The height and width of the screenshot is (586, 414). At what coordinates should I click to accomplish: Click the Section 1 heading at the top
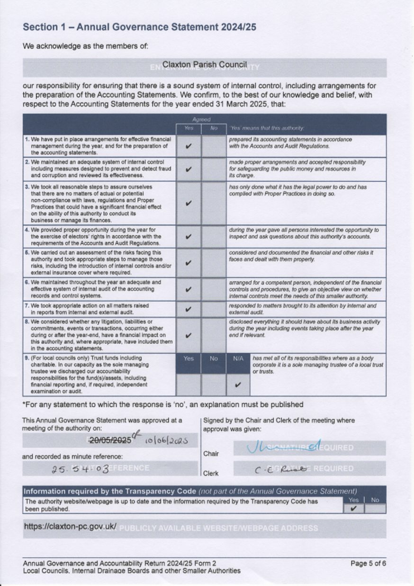(139, 27)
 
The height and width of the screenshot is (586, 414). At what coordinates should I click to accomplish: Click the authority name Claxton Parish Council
(204, 64)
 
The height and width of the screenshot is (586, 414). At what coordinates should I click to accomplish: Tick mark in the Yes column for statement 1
(189, 146)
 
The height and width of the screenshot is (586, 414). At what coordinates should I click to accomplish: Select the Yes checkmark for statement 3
(189, 203)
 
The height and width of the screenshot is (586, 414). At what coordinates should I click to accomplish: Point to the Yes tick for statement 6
(189, 289)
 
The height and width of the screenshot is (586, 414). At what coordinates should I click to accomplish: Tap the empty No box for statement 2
(213, 170)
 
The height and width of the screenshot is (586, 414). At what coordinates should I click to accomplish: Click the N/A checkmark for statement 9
(238, 385)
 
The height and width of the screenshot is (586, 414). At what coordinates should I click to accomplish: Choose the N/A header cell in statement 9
(238, 359)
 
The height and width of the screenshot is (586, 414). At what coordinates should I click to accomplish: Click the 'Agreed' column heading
(201, 120)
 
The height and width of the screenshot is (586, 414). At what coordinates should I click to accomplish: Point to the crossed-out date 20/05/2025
(110, 440)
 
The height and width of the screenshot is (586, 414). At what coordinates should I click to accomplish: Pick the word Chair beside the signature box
(211, 454)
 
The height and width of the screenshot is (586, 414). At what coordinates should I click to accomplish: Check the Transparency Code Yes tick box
(353, 509)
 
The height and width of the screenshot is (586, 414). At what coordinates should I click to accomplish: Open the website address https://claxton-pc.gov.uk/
(70, 526)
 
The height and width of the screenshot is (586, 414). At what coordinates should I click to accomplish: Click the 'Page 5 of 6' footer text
(368, 563)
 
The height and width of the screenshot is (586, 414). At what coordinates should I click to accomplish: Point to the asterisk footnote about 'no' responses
(162, 404)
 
